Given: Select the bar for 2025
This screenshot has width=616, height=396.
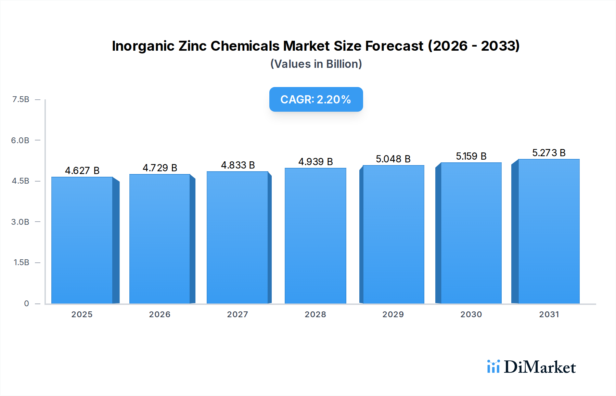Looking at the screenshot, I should coord(82,240).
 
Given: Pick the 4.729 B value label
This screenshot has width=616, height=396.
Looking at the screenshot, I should coord(160,168).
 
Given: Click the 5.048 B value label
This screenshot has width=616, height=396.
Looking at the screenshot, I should coord(393,159).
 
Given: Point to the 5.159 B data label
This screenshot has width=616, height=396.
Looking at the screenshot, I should coord(471,156).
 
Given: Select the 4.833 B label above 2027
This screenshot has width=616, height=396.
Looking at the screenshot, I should coord(238,165).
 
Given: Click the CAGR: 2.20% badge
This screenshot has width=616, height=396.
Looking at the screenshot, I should coord(316,99).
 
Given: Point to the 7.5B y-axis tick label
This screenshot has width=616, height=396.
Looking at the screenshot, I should coord(21,99).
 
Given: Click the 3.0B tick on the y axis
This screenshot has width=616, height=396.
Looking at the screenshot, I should coord(20,222).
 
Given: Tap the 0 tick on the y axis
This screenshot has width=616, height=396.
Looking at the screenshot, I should coord(26,303).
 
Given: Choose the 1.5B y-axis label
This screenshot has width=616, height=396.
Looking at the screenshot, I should coord(21,262).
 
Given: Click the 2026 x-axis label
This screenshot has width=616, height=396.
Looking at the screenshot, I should coord(159,314).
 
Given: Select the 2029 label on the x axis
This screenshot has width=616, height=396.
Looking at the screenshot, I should coord(393,314).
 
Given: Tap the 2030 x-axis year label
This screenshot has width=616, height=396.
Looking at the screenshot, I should coord(471,314).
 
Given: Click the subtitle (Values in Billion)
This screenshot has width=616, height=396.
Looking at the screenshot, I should coord(316,64).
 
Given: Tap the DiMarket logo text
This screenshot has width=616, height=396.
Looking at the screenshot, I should coord(540,367).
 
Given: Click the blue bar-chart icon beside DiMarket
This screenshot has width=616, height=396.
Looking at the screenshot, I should coord(493,367).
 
